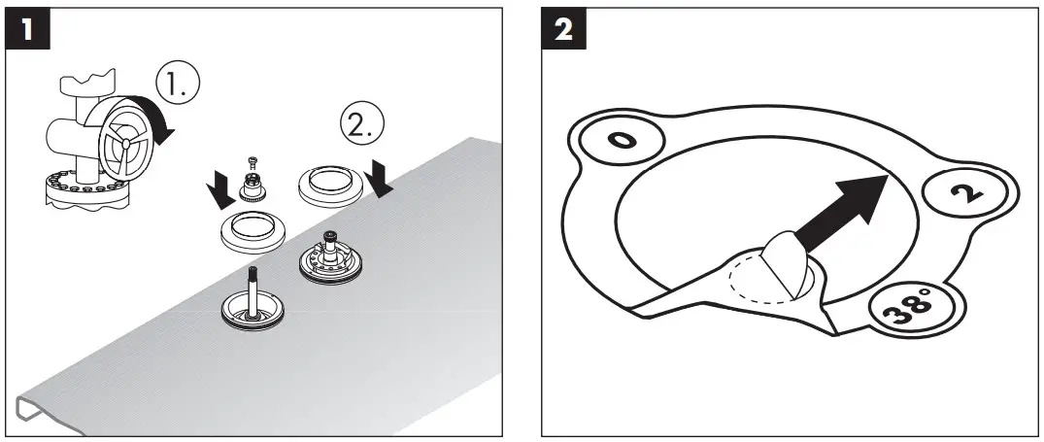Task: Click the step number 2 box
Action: coord(562,28)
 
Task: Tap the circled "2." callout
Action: coord(360,123)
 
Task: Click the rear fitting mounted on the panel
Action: coord(330,260)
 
